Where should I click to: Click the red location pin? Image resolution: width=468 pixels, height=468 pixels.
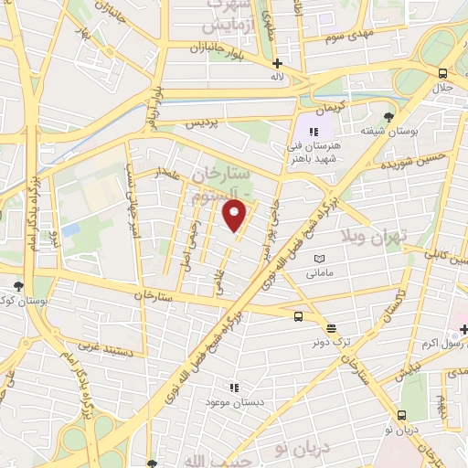tap(236, 216)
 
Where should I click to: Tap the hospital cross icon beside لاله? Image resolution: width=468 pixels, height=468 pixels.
tap(277, 63)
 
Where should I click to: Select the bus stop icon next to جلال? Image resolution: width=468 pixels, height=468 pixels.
tap(442, 73)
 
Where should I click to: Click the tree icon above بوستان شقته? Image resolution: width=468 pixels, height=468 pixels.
tap(388, 117)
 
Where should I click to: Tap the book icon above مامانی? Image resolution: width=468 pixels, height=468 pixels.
tap(318, 261)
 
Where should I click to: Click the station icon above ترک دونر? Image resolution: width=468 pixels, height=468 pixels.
tap(331, 327)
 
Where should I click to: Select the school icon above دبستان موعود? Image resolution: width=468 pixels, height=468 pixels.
tap(234, 388)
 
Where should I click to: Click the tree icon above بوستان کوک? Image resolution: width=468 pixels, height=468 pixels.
tap(19, 286)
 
